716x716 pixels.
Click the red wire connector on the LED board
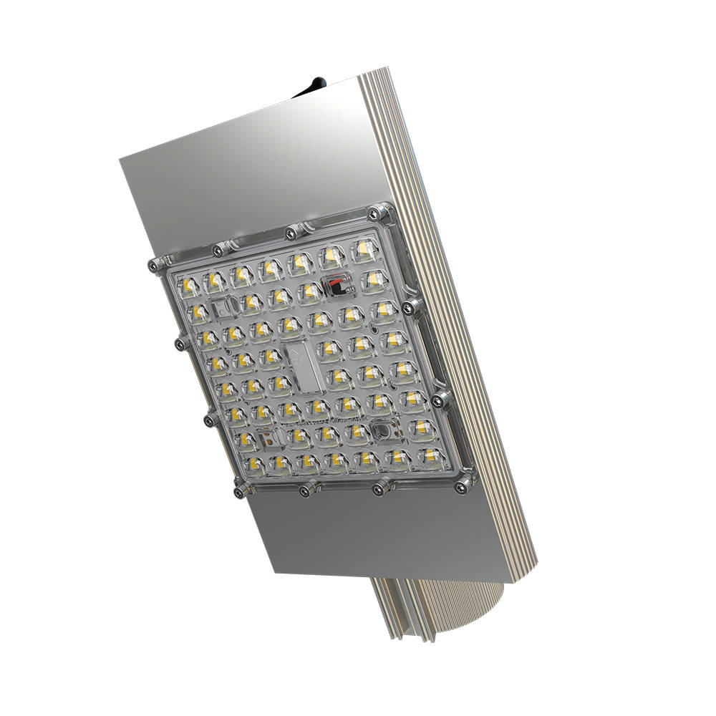click(x=333, y=284)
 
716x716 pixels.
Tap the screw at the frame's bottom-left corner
click(x=239, y=492)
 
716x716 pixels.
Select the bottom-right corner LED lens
click(x=428, y=455)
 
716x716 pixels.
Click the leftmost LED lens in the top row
click(x=190, y=286)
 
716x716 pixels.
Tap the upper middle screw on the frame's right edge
click(x=410, y=307)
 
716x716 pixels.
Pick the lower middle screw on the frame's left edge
click(x=208, y=419)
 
